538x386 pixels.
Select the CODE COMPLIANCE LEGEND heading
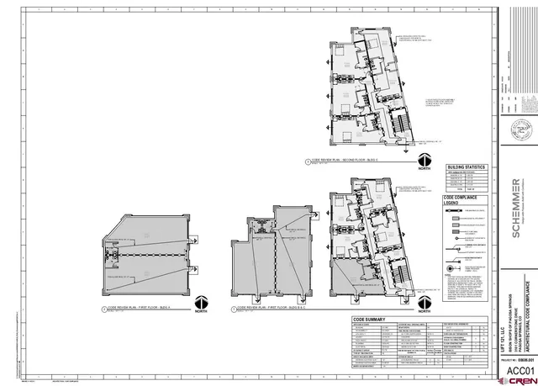pos(460,201)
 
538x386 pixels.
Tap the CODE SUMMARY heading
pos(373,320)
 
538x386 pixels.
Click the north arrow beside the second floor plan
pos(424,160)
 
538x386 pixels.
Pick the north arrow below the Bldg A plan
pos(201,304)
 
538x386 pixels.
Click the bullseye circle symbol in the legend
pos(451,271)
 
